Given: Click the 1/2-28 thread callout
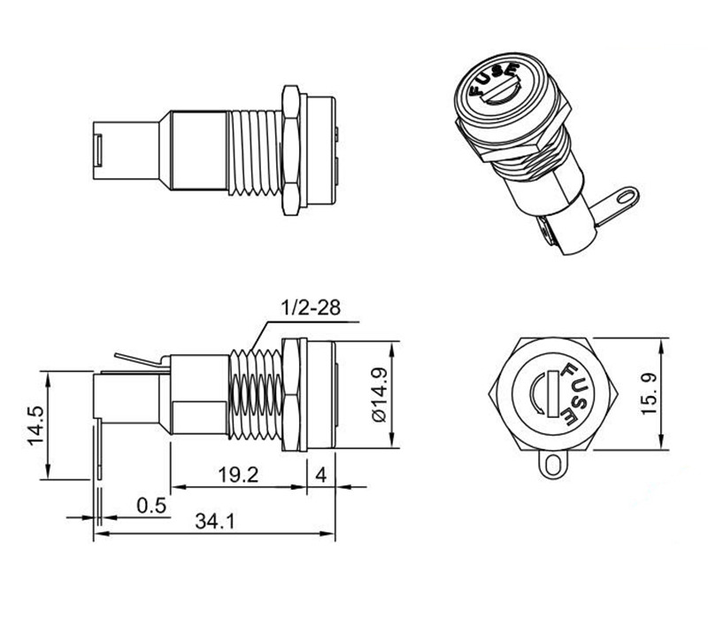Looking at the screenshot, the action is [x=311, y=307].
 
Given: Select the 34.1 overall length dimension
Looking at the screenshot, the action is [x=214, y=522].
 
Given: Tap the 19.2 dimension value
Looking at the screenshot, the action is [x=238, y=475].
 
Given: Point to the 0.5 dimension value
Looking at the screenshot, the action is [x=151, y=505].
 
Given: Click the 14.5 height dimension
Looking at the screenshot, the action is [x=35, y=425].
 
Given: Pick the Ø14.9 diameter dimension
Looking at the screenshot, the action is [x=380, y=394].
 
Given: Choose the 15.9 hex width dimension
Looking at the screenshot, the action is [x=649, y=393].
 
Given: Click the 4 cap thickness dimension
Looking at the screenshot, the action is [x=320, y=475].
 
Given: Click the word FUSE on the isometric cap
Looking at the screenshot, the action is [x=493, y=80].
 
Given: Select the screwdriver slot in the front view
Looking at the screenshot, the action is [x=552, y=393].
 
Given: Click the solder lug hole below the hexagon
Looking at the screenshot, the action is [x=552, y=465].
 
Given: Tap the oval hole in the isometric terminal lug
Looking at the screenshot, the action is [x=625, y=197].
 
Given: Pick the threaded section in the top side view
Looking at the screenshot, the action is [x=255, y=153].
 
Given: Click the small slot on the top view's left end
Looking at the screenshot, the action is [x=98, y=150].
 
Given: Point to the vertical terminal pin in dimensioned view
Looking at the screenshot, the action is [x=98, y=449].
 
